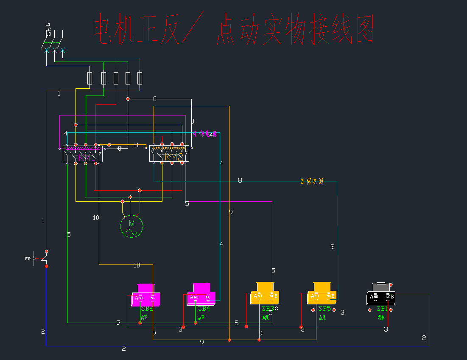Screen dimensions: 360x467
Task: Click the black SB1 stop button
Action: tap(381, 294)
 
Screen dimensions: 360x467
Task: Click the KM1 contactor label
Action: tap(86, 158)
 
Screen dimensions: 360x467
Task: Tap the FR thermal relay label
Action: tap(28, 258)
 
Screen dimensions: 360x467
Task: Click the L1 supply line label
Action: tap(48, 25)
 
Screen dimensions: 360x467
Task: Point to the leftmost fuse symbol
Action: tap(89, 78)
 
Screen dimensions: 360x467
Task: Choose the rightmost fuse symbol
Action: tap(140, 78)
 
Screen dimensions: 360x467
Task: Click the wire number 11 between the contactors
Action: tap(136, 145)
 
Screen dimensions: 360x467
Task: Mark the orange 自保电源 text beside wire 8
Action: tap(312, 182)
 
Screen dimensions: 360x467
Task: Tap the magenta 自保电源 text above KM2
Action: tap(205, 134)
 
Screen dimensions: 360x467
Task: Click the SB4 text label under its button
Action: tap(204, 309)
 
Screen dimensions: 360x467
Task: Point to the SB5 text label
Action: tap(324, 309)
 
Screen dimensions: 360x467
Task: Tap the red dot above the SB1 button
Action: tap(391, 285)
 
